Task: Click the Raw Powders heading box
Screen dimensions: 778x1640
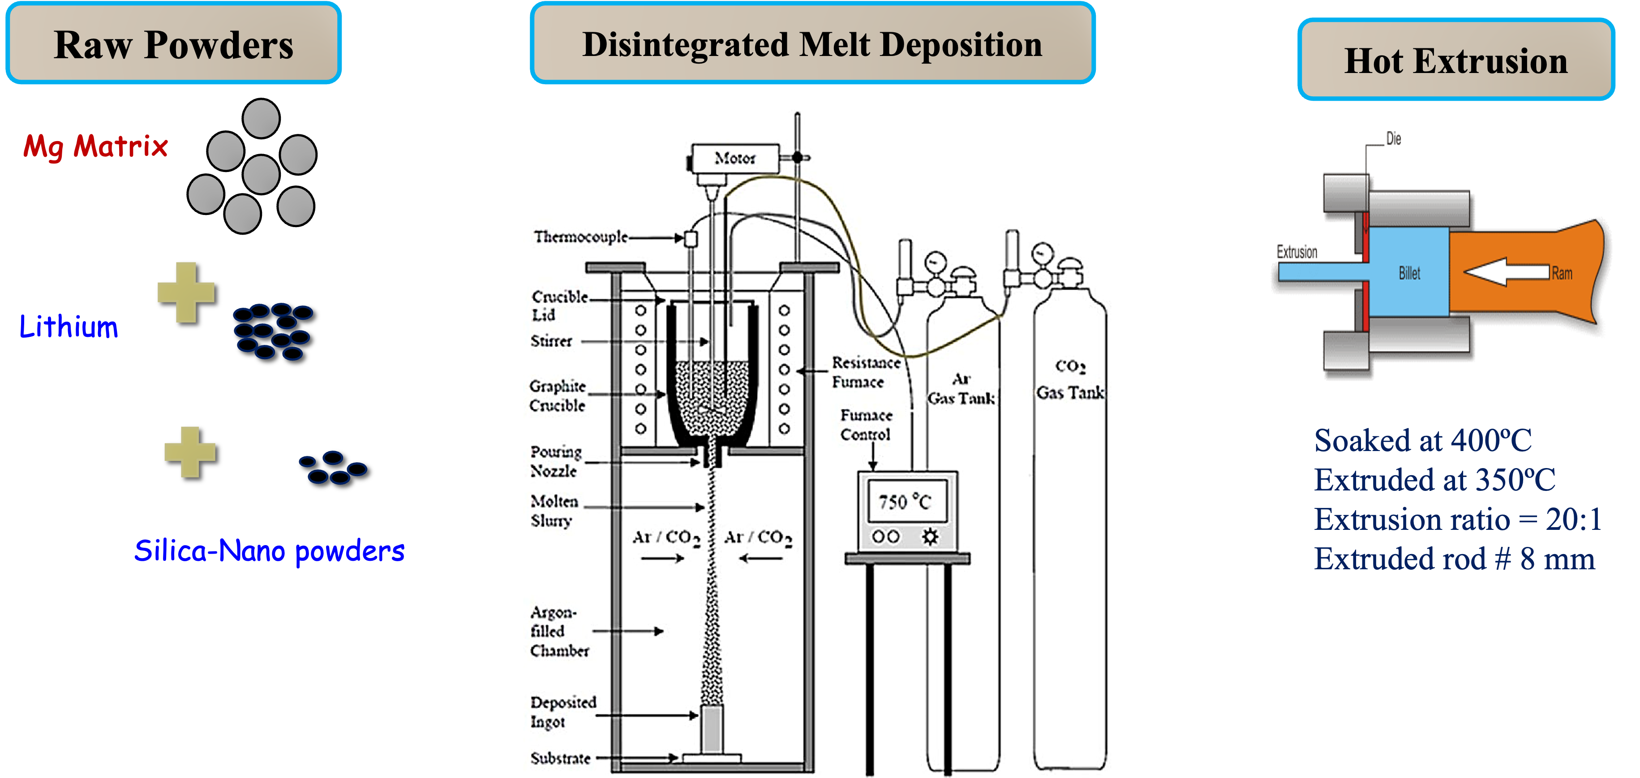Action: (x=173, y=44)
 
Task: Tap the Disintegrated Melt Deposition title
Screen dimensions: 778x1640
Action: (x=812, y=44)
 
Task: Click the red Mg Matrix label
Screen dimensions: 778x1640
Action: (x=95, y=146)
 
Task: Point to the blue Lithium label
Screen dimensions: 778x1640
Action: (x=69, y=327)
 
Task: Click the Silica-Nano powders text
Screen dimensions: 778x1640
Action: (x=269, y=551)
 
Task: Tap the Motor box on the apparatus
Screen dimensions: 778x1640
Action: (x=735, y=158)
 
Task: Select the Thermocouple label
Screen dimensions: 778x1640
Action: (x=580, y=237)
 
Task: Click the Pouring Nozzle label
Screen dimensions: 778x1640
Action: (x=555, y=461)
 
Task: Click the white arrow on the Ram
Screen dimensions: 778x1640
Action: (x=1505, y=272)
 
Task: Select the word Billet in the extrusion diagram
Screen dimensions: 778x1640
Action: (x=1409, y=273)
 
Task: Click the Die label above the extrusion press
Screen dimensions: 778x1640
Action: (x=1394, y=139)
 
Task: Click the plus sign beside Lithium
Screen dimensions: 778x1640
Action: (x=186, y=292)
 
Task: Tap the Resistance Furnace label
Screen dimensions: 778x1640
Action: (x=866, y=372)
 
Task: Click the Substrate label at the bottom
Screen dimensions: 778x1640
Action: (x=560, y=758)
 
